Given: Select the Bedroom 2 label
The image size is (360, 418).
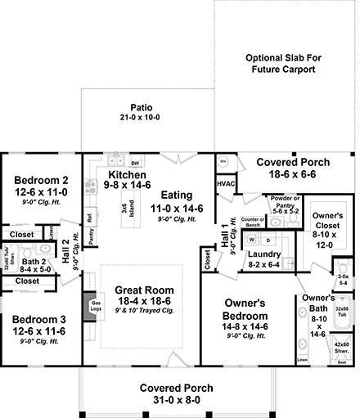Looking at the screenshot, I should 41,180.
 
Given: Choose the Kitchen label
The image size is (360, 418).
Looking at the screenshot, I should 128,175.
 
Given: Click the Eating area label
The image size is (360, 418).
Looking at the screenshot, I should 176,196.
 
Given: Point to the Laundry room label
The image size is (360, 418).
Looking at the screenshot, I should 263,254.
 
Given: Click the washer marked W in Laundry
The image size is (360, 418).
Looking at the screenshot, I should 252,240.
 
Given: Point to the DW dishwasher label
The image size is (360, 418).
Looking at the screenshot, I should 135,163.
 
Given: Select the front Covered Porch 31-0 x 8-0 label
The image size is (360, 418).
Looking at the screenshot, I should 176,387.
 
